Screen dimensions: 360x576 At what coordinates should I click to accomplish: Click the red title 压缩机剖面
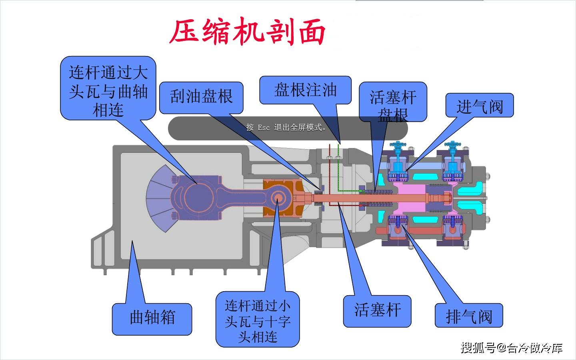[248, 32]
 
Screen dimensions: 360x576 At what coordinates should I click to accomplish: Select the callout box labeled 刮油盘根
[201, 97]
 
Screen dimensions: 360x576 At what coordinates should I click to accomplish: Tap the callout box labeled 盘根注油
[305, 90]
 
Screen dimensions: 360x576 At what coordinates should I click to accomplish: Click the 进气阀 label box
[479, 106]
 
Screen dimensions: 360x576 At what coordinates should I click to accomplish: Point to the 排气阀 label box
[468, 316]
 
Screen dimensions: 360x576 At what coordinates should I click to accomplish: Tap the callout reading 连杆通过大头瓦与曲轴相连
[108, 88]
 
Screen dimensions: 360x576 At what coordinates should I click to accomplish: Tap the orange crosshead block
[284, 186]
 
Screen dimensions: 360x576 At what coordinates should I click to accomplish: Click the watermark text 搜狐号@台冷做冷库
[511, 348]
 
